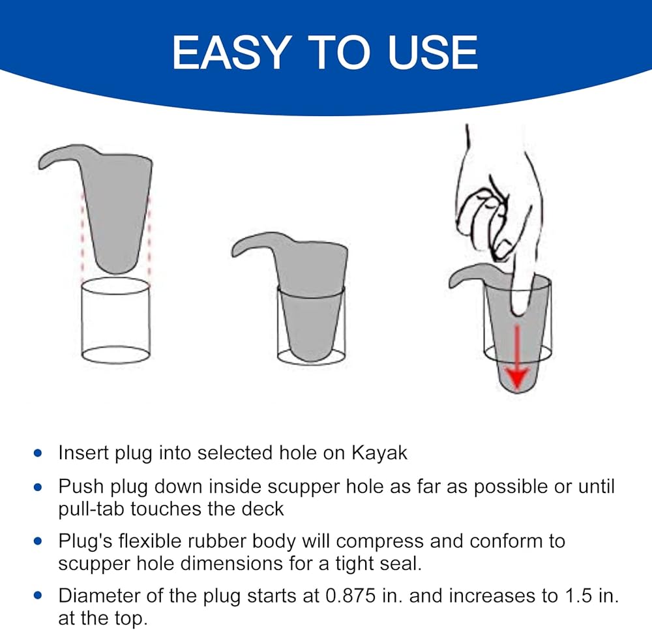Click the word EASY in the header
(231, 52)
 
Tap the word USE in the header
(432, 52)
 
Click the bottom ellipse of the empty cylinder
(115, 355)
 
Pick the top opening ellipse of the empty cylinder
(115, 286)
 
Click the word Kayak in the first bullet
(379, 453)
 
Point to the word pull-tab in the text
(92, 509)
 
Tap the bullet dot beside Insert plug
(38, 453)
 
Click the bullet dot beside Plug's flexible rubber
(38, 541)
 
